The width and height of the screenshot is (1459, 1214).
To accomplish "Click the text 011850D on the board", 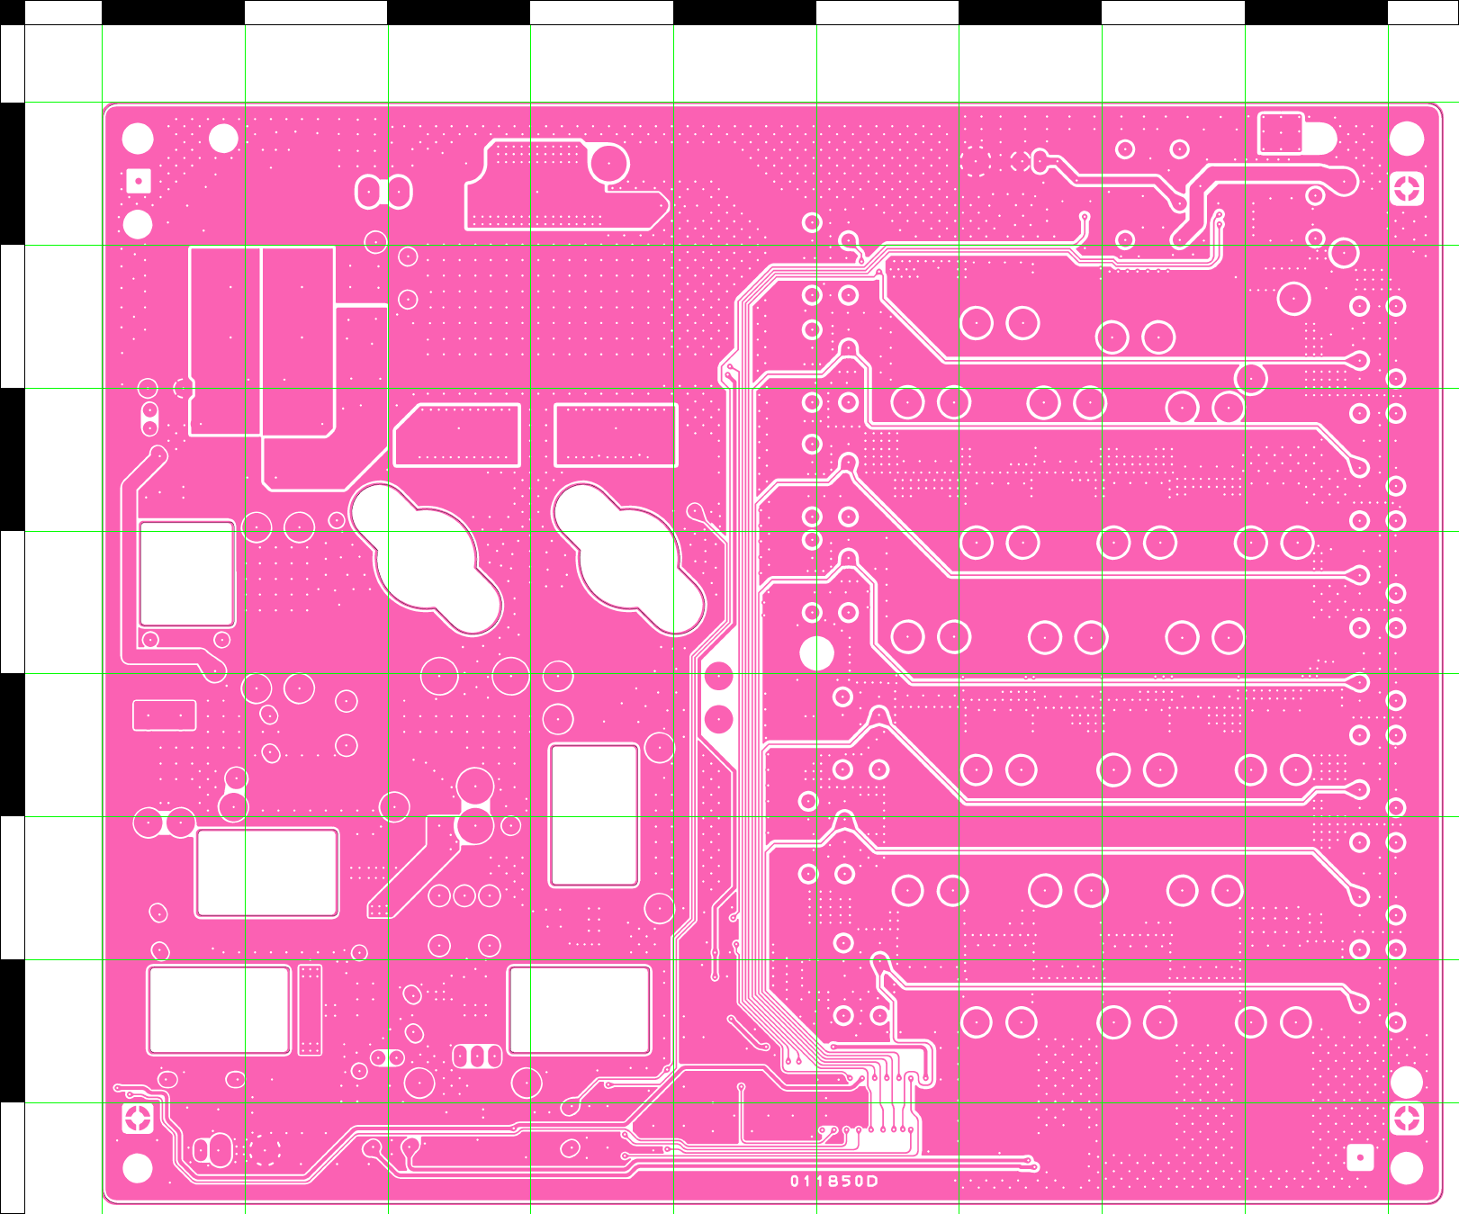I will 833,1181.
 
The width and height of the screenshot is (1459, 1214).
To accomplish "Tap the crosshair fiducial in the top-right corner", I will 1407,189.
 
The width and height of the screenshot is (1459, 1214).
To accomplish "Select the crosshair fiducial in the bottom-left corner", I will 138,1119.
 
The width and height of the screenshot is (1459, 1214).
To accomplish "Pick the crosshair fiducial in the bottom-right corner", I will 1407,1119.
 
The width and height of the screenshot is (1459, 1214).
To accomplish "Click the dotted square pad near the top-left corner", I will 138,182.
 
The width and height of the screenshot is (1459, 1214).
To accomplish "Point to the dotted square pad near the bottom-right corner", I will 1360,1157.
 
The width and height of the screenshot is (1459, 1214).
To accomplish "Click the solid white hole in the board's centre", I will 816,653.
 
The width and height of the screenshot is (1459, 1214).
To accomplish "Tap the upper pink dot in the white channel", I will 718,676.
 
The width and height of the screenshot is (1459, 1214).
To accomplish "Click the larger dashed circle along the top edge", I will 975,161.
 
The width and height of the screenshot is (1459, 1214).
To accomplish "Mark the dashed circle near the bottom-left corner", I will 265,1149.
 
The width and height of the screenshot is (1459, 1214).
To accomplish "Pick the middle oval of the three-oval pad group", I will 476,1056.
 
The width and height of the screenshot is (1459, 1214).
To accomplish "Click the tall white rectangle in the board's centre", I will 594,815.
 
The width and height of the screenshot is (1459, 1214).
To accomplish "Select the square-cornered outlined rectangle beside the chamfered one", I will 616,436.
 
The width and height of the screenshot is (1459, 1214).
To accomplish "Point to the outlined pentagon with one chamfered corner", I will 457,436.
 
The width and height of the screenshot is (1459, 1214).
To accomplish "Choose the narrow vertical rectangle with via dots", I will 310,1009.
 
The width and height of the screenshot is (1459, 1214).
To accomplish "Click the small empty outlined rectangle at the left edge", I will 165,715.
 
